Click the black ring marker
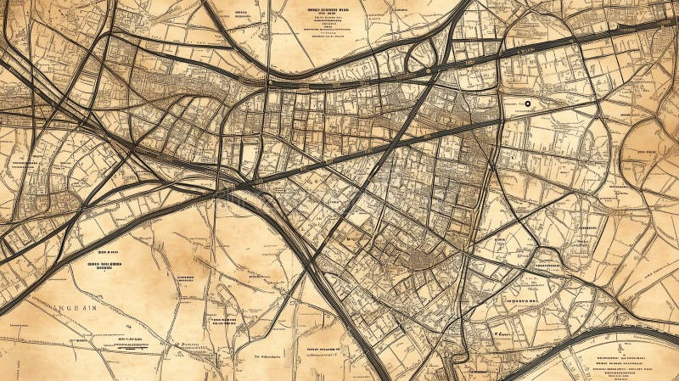[x=527, y=104]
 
